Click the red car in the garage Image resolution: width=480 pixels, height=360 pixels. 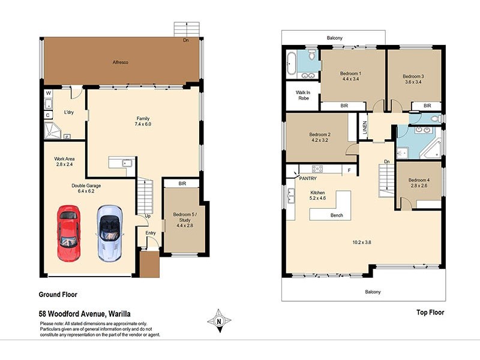pos(68,233)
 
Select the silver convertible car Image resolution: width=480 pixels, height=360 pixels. pos(110,233)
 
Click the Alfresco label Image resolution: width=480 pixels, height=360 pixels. pos(122,62)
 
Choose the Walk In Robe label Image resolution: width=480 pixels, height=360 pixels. pos(304,95)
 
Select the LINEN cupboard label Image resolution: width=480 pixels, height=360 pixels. pos(364,127)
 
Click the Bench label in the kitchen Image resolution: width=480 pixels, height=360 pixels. pos(337,215)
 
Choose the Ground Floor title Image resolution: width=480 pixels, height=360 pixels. pos(58,294)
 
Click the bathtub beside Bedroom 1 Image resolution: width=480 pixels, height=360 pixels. pos(291,64)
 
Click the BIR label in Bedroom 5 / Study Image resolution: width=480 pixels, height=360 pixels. pos(181,183)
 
